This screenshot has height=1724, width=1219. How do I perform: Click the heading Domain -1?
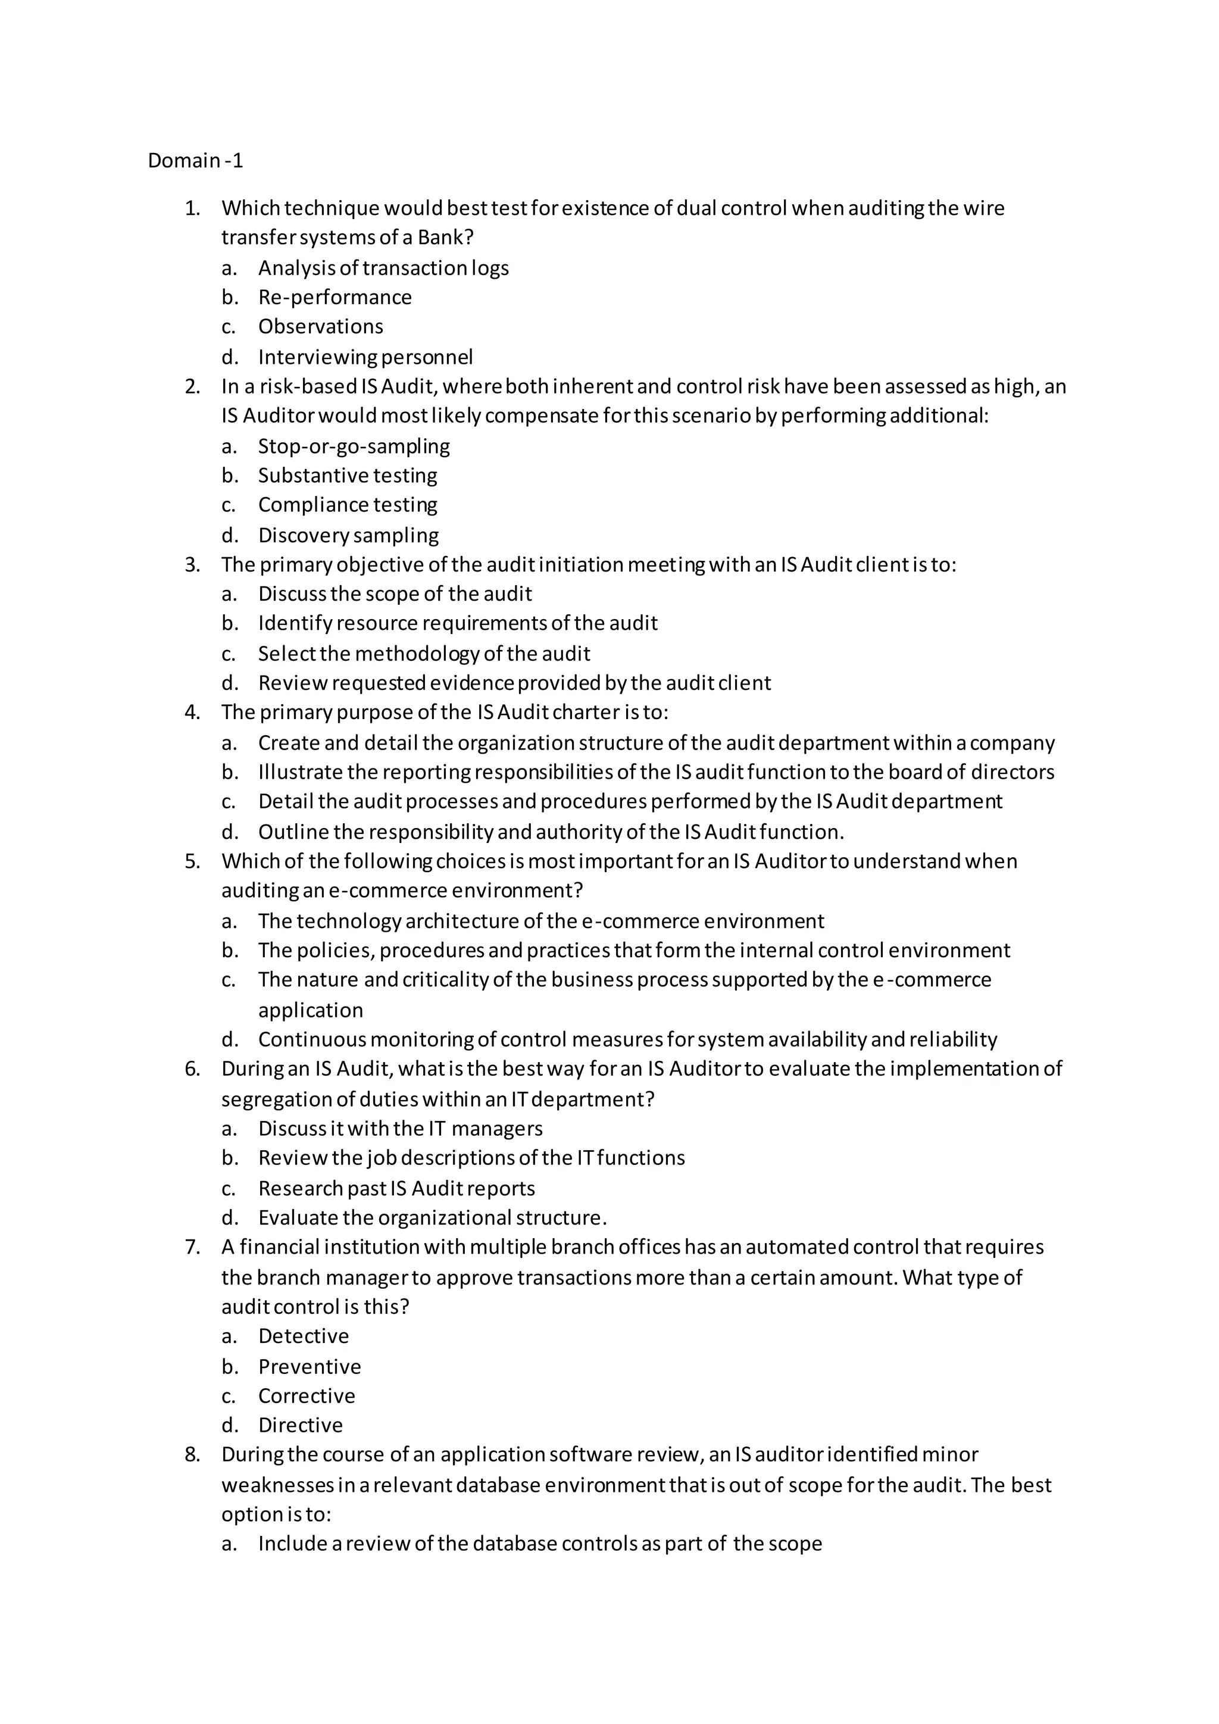pyautogui.click(x=195, y=161)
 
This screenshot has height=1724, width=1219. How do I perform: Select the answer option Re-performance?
pyautogui.click(x=335, y=297)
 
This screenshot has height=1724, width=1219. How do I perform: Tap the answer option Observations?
pyautogui.click(x=320, y=327)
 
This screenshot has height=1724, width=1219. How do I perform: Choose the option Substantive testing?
pyautogui.click(x=348, y=475)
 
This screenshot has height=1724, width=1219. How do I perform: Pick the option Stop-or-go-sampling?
pyautogui.click(x=354, y=446)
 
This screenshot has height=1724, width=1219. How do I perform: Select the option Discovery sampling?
pyautogui.click(x=348, y=535)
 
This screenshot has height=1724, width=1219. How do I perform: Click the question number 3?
pyautogui.click(x=192, y=565)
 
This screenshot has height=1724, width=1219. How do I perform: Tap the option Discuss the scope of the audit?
pyautogui.click(x=395, y=594)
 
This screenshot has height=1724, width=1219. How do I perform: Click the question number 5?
pyautogui.click(x=192, y=861)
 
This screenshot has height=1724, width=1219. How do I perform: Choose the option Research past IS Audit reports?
pyautogui.click(x=396, y=1189)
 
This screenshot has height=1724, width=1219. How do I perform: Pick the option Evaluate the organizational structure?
pyautogui.click(x=432, y=1217)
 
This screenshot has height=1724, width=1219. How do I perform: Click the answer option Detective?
pyautogui.click(x=303, y=1336)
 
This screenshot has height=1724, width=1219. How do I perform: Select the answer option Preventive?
pyautogui.click(x=310, y=1367)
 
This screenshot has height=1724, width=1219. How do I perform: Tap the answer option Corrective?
pyautogui.click(x=307, y=1396)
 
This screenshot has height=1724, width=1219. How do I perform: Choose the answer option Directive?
pyautogui.click(x=300, y=1425)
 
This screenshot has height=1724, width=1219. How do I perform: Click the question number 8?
pyautogui.click(x=192, y=1454)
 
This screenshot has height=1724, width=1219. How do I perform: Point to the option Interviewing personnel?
pyautogui.click(x=365, y=357)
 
